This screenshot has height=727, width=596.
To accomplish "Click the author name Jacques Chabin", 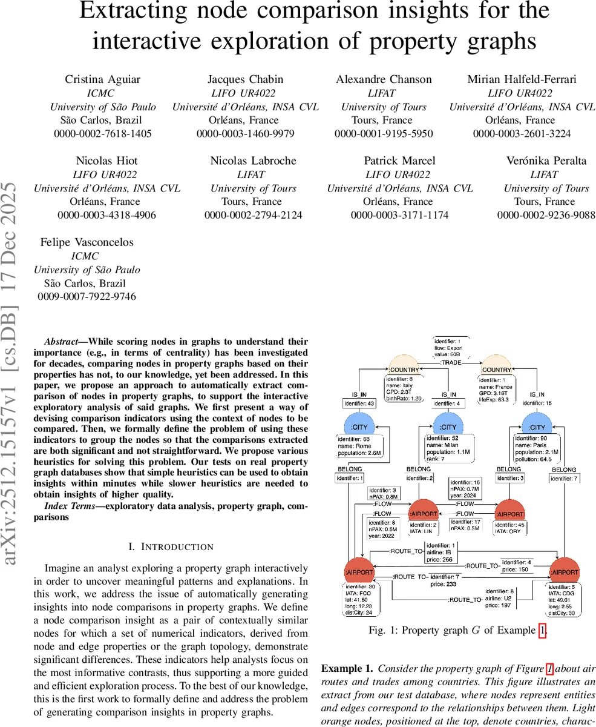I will [x=245, y=79].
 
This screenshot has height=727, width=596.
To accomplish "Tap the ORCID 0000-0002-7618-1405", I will [x=103, y=134].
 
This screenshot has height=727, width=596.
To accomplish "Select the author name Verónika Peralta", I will [x=546, y=161].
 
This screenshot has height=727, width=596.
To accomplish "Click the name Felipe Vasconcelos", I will [x=87, y=242].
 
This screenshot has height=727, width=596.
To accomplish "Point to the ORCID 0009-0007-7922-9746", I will [x=87, y=297].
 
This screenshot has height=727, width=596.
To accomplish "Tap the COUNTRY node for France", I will [x=496, y=369].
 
